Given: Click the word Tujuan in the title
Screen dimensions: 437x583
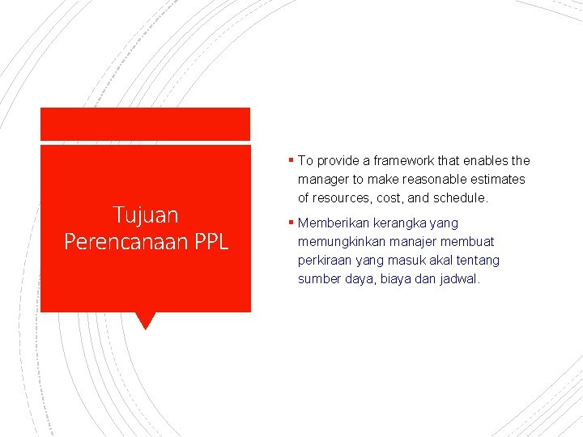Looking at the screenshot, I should [x=146, y=215].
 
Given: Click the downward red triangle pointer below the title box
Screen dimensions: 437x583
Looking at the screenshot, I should [x=146, y=320].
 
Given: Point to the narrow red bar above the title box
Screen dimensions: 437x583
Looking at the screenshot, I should [x=146, y=125].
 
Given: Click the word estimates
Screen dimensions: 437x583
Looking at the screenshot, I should [x=500, y=180].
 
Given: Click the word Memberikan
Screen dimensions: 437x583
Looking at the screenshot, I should [x=331, y=223].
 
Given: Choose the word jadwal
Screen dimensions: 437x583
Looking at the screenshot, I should [x=459, y=279].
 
